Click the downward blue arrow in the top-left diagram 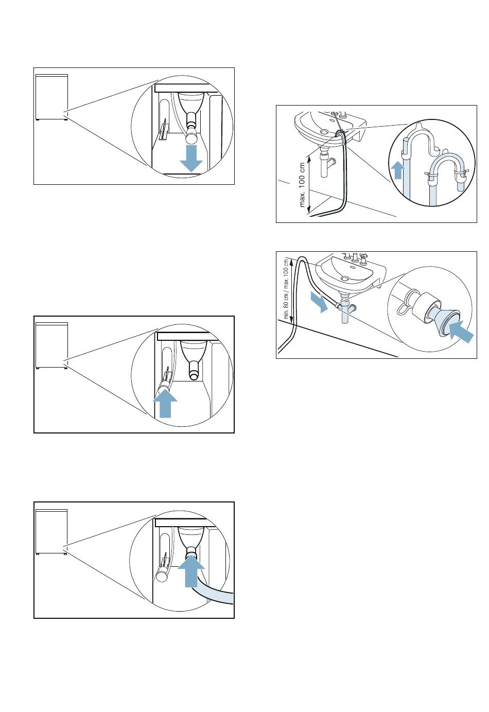pos(191,157)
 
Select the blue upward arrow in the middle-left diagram pos(165,403)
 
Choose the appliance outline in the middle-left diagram pos(51,345)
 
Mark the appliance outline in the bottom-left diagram pos(51,531)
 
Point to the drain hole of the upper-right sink pos(324,132)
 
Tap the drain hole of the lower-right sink pos(344,279)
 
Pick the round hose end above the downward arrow pos(191,137)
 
